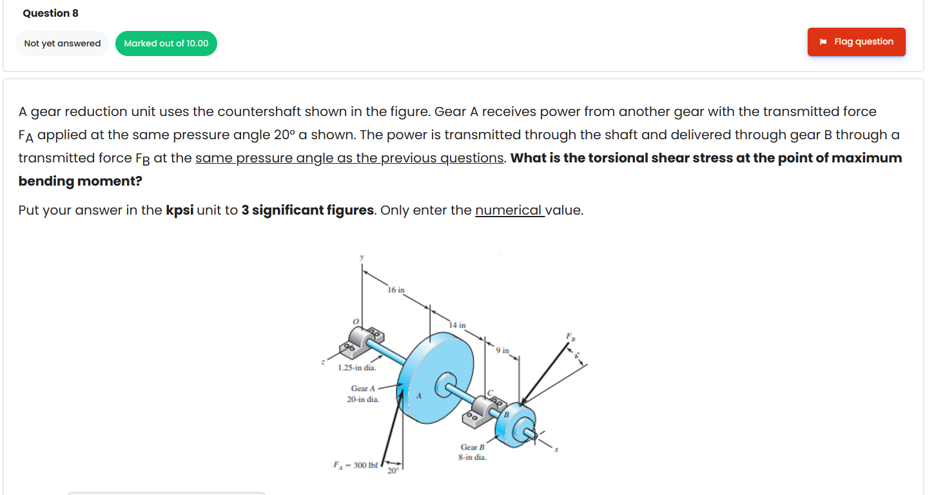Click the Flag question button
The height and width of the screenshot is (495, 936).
[856, 42]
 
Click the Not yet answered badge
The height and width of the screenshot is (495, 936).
[63, 44]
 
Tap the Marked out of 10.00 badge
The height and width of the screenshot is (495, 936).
[166, 44]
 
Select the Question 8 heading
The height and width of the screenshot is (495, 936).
[50, 13]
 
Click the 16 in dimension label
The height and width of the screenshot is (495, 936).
[396, 290]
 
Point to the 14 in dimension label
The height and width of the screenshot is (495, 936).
[457, 325]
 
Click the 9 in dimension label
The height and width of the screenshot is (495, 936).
[503, 351]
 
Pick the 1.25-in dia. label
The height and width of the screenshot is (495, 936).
[356, 368]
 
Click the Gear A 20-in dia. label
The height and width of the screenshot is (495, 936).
[363, 394]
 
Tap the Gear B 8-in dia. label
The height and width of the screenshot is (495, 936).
[472, 452]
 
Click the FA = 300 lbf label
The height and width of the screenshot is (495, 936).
[355, 464]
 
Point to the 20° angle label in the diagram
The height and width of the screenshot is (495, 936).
[393, 470]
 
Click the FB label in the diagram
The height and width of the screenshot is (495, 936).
[569, 336]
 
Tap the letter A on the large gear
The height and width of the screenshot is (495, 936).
[419, 396]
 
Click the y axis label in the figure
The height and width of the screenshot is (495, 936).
[362, 257]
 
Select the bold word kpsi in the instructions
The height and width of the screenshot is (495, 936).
[180, 211]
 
